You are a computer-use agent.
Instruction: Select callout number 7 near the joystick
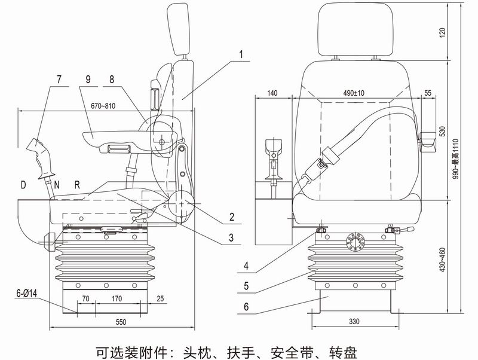(x=59, y=79)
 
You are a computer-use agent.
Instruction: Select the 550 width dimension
(x=121, y=322)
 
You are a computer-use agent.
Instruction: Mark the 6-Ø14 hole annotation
(x=27, y=294)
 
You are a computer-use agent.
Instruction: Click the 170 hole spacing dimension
(x=117, y=297)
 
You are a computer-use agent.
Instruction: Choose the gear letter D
(x=23, y=184)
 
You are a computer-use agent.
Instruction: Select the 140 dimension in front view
(x=273, y=93)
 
